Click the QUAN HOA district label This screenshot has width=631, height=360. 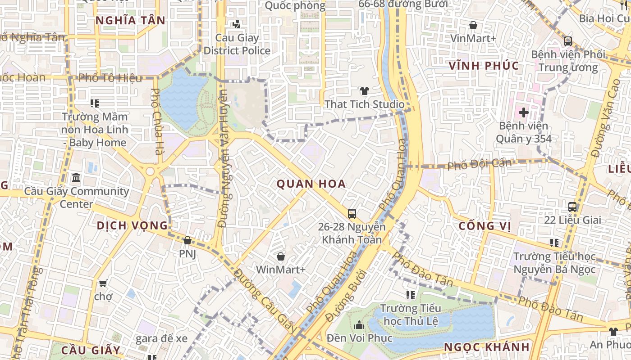click(311, 184)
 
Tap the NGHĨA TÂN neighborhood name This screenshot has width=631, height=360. click(131, 20)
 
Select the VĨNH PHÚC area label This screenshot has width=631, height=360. click(484, 66)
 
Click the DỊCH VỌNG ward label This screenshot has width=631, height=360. click(133, 225)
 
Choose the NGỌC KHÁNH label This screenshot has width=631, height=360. click(487, 347)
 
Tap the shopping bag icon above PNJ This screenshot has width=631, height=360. click(187, 241)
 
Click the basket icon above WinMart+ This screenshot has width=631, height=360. click(281, 256)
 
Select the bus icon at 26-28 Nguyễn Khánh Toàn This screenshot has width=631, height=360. click(352, 213)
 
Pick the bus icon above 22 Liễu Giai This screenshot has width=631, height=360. click(572, 207)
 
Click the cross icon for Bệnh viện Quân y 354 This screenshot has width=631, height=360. click(523, 112)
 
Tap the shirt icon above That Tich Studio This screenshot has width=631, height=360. click(365, 91)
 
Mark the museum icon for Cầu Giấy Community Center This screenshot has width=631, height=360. click(76, 178)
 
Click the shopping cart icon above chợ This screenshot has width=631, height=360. click(103, 283)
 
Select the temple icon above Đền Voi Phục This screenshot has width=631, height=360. click(359, 324)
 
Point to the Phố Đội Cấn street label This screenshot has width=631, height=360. click(479, 164)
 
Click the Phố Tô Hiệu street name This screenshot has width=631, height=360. click(110, 78)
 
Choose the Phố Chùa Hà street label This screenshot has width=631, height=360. click(156, 121)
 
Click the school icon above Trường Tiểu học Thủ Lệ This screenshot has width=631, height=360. click(410, 295)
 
